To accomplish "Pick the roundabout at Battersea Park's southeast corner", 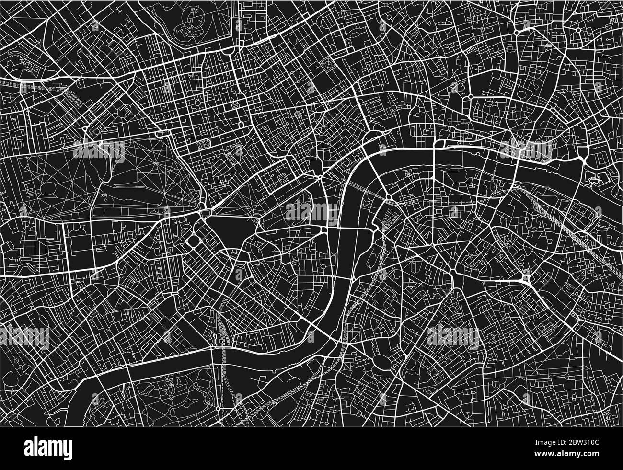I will pos(219,409).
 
